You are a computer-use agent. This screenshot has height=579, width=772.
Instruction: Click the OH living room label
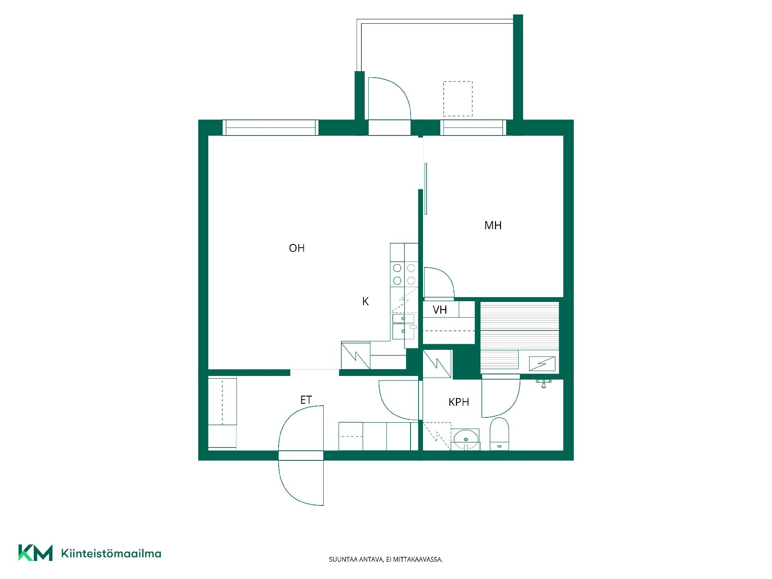click(297, 248)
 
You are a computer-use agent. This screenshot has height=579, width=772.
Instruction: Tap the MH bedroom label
click(493, 226)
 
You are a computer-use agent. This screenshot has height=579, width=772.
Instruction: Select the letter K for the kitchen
click(365, 302)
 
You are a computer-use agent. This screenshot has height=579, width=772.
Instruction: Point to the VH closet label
click(440, 310)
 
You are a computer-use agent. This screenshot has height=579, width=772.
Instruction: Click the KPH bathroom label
click(459, 402)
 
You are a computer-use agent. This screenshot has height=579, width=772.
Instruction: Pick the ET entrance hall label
click(306, 400)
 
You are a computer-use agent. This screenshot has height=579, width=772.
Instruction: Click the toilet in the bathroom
click(499, 434)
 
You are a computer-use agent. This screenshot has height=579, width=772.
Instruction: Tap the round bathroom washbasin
click(466, 439)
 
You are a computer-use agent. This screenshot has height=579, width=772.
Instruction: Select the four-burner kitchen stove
click(404, 274)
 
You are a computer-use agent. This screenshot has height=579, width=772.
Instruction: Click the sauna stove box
click(542, 363)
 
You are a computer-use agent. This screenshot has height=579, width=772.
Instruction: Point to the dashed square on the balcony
click(458, 99)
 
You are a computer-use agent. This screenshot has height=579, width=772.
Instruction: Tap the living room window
click(271, 128)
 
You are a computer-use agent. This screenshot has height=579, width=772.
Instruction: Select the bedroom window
click(473, 128)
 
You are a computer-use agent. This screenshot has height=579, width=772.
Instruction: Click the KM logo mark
click(35, 553)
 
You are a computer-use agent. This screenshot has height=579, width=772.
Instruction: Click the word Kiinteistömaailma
click(111, 554)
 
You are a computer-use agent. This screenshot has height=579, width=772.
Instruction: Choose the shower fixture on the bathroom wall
click(543, 383)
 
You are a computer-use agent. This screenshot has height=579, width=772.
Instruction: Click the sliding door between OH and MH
click(425, 189)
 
